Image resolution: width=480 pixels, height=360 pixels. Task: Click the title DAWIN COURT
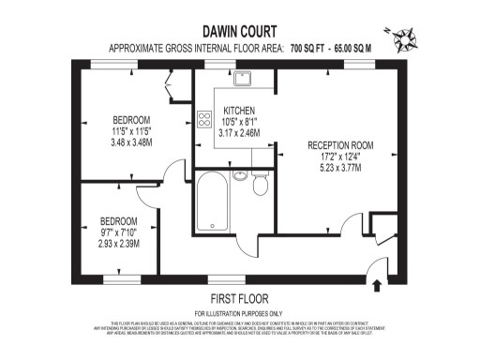point(239,29)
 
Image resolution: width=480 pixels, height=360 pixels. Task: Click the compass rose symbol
point(409,39)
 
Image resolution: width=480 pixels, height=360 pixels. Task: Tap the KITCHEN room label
point(239,111)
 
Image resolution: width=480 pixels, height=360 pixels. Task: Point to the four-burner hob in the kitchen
point(203,119)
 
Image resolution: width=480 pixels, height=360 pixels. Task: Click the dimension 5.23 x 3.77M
point(339,169)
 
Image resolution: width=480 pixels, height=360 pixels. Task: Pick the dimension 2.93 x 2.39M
point(119,244)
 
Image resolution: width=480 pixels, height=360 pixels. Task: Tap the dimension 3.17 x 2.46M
point(239,133)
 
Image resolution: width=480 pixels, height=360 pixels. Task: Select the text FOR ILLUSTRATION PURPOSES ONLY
point(238,312)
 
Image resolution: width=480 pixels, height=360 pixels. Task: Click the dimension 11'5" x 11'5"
point(131,131)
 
